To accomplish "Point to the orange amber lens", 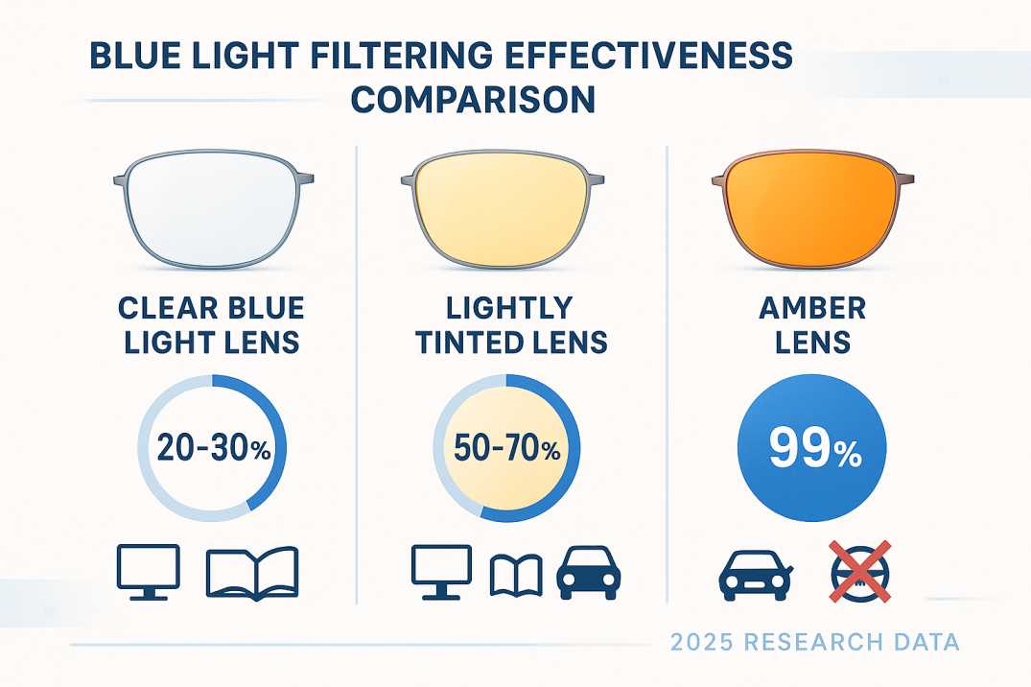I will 811,208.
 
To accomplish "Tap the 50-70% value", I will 505,448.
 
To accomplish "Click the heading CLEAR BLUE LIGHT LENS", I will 211,324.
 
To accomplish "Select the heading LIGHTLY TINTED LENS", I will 511,324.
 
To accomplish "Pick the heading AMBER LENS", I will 811,324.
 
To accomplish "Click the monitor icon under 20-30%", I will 148,571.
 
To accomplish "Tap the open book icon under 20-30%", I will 252,573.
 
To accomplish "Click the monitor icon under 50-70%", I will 441,571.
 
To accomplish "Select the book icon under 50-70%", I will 516,575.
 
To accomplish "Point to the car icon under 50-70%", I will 589,573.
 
